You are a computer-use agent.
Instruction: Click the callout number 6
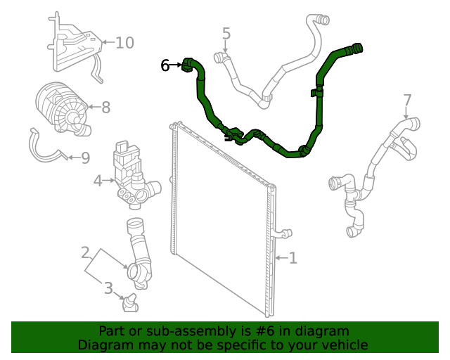[165, 65]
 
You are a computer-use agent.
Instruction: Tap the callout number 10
[124, 43]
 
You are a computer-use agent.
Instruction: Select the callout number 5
[226, 33]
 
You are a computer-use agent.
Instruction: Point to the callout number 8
[105, 108]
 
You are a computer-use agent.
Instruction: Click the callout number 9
[85, 157]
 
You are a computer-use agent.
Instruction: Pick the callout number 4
[98, 181]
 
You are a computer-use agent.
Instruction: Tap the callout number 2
[85, 252]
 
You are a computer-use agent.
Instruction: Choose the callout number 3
[108, 288]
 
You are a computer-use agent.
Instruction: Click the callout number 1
[292, 258]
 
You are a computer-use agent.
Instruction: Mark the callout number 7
[407, 99]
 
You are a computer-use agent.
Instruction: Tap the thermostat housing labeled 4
[132, 179]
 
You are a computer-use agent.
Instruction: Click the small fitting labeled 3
[129, 303]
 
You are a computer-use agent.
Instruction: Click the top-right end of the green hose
[356, 49]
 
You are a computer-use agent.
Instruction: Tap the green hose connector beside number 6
[188, 65]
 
